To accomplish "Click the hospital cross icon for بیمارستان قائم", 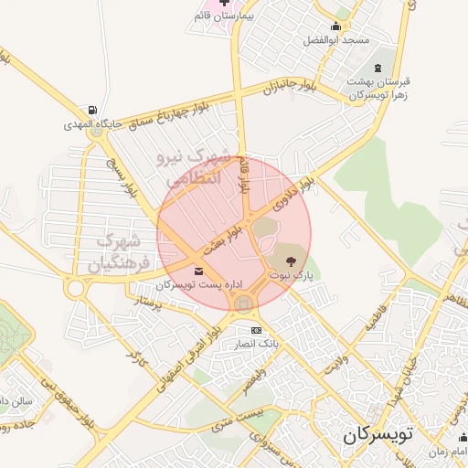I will (199, 16).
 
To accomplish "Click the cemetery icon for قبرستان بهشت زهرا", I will (378, 69).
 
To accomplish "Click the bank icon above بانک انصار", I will (256, 329).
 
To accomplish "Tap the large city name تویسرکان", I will (378, 435).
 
